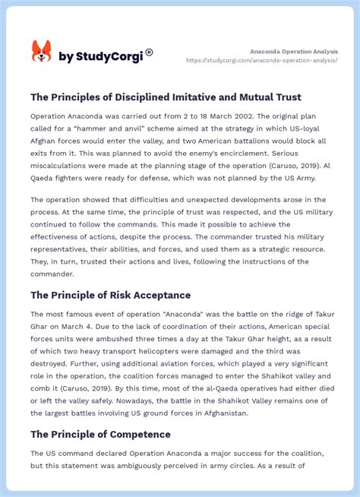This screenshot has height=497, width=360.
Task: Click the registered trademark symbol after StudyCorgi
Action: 149,52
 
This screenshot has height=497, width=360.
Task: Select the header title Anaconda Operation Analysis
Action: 294,51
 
